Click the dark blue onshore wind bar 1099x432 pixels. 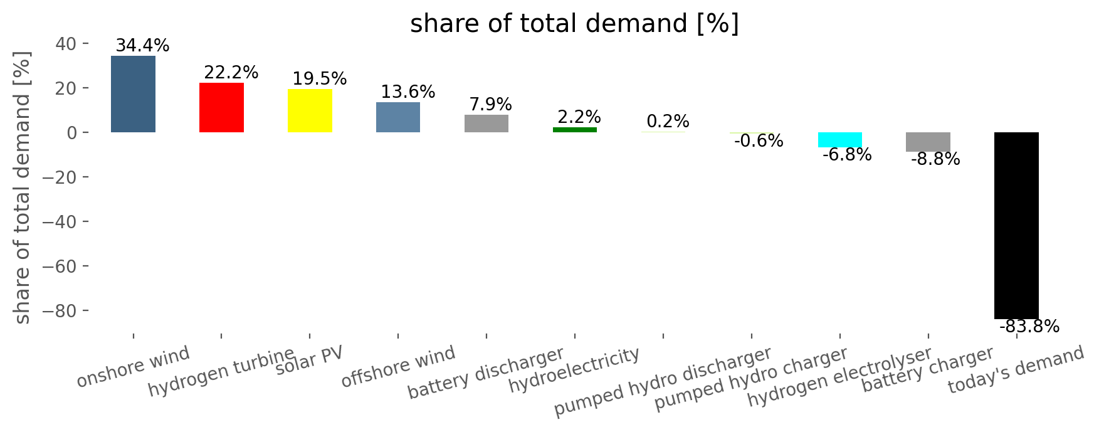133,94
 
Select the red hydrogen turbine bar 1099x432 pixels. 221,107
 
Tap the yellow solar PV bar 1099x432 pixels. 310,110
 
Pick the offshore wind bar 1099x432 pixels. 398,117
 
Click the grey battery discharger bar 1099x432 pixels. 486,124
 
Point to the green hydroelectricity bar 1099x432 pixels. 575,130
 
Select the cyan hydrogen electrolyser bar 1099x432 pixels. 840,139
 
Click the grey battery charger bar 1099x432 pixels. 928,142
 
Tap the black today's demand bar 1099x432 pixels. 1016,225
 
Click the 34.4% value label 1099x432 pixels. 142,46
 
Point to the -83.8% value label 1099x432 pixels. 1029,327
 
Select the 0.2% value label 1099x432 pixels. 668,121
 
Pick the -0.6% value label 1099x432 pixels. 758,141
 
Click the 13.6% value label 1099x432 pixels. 408,92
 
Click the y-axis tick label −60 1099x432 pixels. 61,266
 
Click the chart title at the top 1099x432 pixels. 574,24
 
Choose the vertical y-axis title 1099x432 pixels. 22,187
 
